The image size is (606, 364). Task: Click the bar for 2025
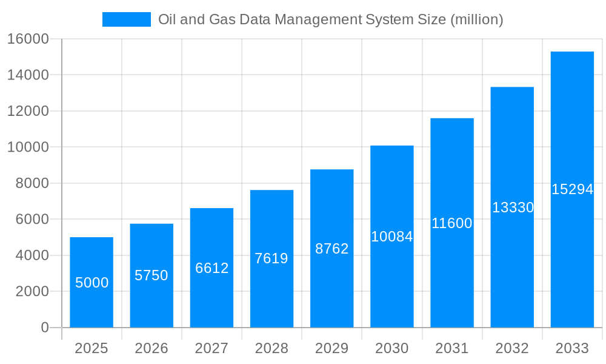pyautogui.click(x=92, y=282)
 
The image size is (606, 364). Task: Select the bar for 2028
pyautogui.click(x=271, y=258)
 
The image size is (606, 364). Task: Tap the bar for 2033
pyautogui.click(x=572, y=189)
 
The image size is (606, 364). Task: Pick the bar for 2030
pyautogui.click(x=391, y=237)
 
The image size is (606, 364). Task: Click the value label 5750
pyautogui.click(x=151, y=275)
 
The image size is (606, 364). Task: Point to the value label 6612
pyautogui.click(x=211, y=268)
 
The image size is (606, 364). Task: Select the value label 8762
pyautogui.click(x=331, y=249)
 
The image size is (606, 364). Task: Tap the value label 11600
pyautogui.click(x=451, y=223)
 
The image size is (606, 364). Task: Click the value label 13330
pyautogui.click(x=512, y=207)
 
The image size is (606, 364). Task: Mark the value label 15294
pyautogui.click(x=572, y=189)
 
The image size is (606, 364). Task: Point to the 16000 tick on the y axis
pyautogui.click(x=27, y=39)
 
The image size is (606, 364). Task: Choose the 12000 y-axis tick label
pyautogui.click(x=27, y=111)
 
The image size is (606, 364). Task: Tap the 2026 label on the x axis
pyautogui.click(x=151, y=348)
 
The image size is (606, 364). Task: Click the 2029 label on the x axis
pyautogui.click(x=331, y=348)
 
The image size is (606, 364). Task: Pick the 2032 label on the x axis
pyautogui.click(x=512, y=348)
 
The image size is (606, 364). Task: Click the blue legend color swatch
pyautogui.click(x=126, y=19)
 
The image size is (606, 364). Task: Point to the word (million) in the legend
pyautogui.click(x=476, y=19)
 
